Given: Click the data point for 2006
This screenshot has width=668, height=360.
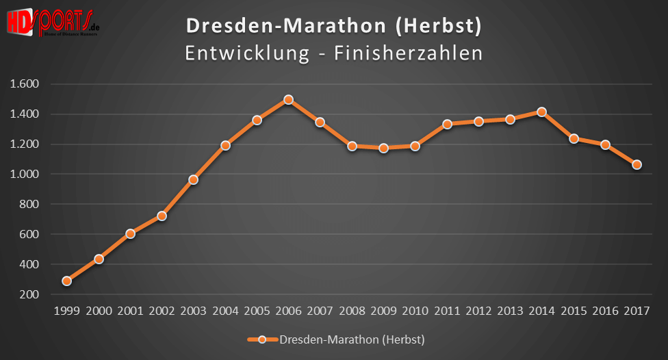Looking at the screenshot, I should [x=288, y=99].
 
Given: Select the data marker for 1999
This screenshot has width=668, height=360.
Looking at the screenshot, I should [x=66, y=281].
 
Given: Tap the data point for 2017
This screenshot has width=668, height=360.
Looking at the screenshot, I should [x=637, y=164].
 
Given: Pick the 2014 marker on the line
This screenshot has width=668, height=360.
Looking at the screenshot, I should [x=542, y=112].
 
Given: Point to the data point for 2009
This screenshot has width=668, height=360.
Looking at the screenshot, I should [x=383, y=148].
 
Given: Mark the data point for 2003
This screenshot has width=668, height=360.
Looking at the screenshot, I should [x=193, y=179].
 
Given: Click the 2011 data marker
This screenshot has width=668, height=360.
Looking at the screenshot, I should [x=447, y=124].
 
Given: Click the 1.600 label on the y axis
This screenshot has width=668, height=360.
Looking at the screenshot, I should [x=25, y=84].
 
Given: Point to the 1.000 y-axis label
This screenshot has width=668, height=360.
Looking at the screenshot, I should [x=25, y=174].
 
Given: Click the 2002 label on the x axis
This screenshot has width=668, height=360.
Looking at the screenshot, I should [x=162, y=311].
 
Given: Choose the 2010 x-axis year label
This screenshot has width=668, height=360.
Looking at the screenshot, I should [x=415, y=311].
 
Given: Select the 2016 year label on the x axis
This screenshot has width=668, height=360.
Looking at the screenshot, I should [x=606, y=311].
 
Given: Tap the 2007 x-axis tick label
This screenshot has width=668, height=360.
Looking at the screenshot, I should [x=320, y=311].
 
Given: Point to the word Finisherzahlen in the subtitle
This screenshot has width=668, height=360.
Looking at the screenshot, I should [x=408, y=53].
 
